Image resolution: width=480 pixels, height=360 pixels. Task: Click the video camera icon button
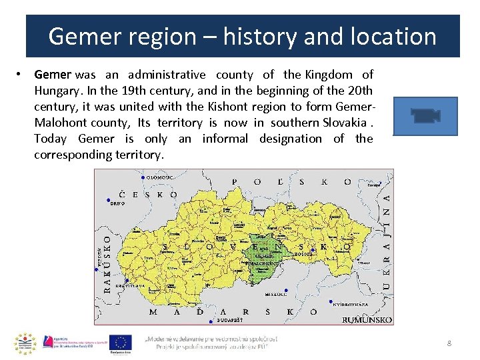[425, 116]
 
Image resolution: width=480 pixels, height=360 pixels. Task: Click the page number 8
[449, 343]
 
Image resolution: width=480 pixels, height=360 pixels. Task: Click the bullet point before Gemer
[22, 75]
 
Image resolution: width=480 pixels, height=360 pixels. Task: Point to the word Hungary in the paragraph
[56, 91]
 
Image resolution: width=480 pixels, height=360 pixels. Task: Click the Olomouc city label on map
[160, 177]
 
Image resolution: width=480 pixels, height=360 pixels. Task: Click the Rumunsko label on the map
[366, 321]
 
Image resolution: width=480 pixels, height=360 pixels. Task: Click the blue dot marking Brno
[109, 199]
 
